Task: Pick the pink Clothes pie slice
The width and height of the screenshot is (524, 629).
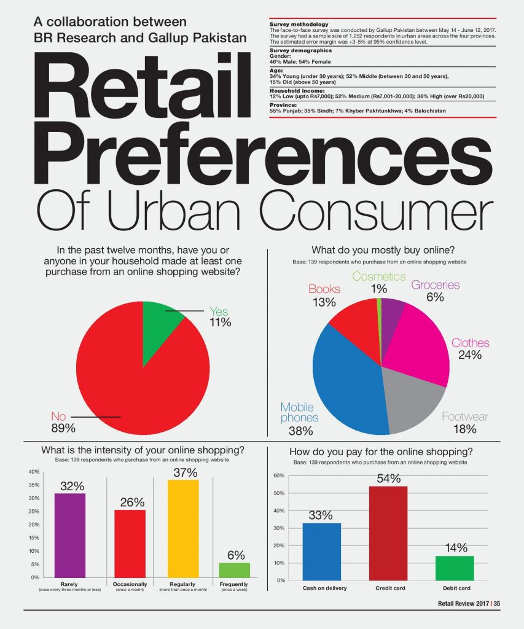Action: [x=417, y=345]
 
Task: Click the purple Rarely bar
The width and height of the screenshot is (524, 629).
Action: [x=70, y=536]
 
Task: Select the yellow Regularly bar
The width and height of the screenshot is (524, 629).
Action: [x=183, y=529]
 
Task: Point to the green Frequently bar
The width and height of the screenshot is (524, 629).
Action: [x=234, y=570]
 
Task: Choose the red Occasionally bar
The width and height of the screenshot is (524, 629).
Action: [x=130, y=544]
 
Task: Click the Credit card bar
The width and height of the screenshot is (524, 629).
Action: [x=388, y=534]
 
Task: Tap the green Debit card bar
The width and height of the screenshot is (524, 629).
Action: [x=455, y=568]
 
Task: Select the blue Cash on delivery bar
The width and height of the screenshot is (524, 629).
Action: [x=321, y=552]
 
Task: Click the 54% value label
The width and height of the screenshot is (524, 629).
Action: [x=389, y=478]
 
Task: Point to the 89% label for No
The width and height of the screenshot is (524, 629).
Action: [x=63, y=428]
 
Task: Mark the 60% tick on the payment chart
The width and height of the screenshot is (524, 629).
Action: [x=279, y=475]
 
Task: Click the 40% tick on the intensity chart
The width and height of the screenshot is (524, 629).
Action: [x=34, y=472]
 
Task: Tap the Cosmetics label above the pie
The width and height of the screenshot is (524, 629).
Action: [x=379, y=276]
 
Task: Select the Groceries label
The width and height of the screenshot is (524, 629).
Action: [x=436, y=285]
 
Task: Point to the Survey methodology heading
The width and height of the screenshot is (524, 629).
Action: [x=299, y=25]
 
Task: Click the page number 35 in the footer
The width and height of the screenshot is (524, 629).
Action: [x=497, y=603]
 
